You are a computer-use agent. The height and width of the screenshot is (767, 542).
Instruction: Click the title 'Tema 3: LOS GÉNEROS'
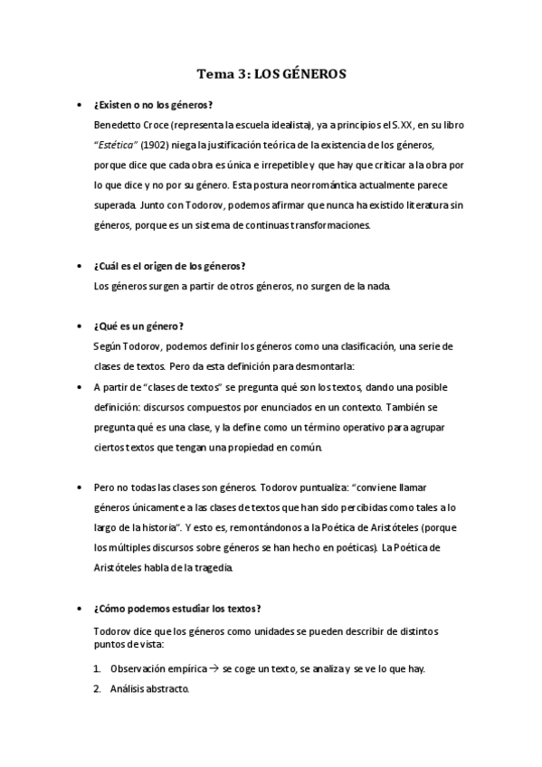pos(271,77)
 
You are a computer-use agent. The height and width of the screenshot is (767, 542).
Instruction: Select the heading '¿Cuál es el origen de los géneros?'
pos(169,266)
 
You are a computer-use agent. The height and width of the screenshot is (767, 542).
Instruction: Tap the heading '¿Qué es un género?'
pos(138,327)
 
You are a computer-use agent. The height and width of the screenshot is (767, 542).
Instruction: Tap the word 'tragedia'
pos(211,569)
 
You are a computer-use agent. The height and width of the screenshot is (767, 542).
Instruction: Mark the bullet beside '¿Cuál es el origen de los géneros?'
pos(81,266)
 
